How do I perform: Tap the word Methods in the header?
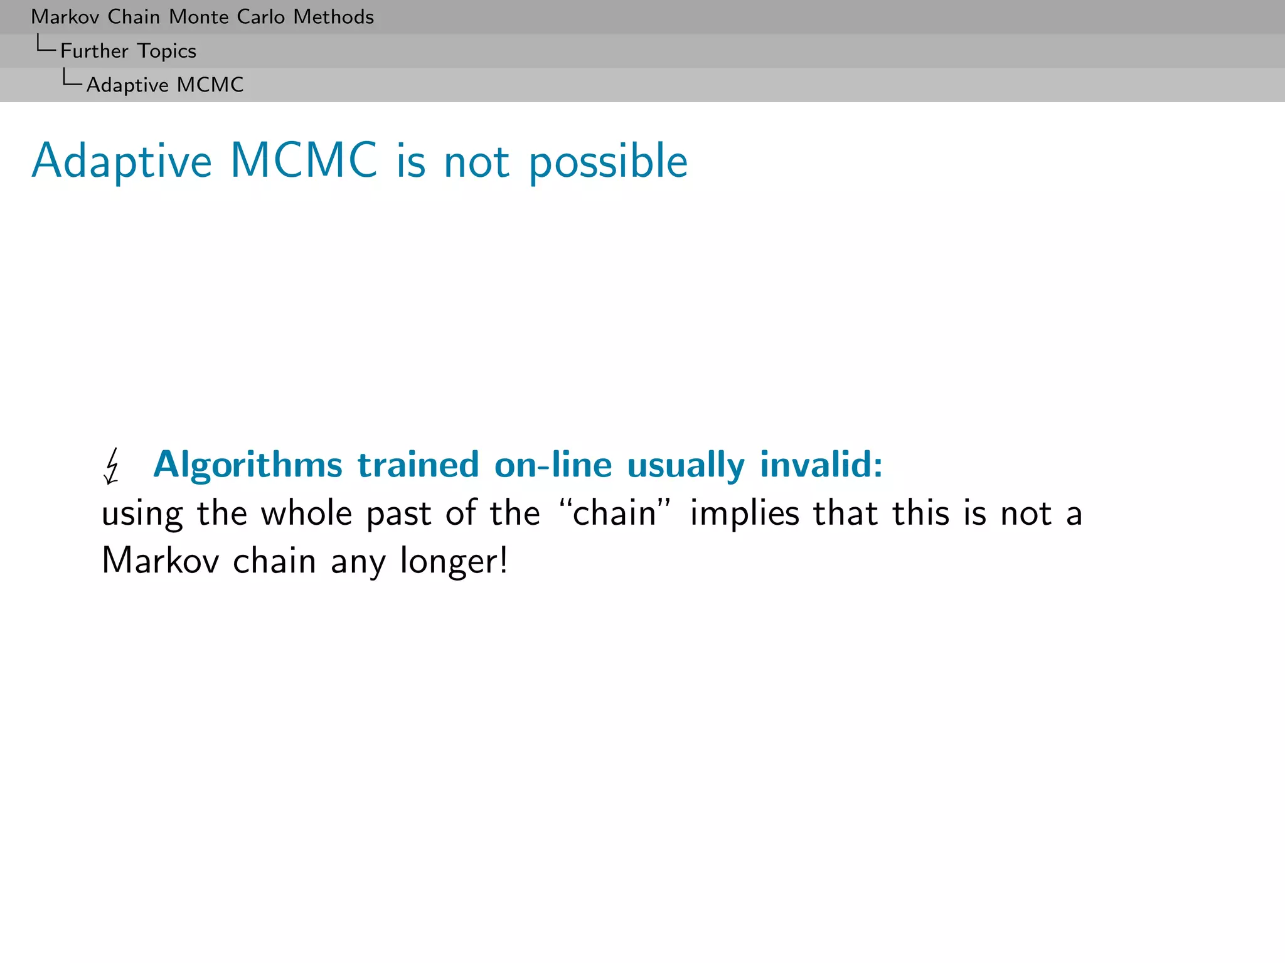coord(333,17)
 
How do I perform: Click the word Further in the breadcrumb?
coord(94,51)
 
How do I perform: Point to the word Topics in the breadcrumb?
coord(167,51)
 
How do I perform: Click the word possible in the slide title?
coord(608,162)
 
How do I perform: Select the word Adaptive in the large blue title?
coord(122,162)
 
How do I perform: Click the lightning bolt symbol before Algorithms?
coord(112,466)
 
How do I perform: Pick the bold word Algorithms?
coord(248,466)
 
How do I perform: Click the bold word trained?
coord(418,465)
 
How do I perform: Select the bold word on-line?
coord(553,465)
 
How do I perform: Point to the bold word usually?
coord(686,466)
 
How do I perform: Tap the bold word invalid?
coord(821,465)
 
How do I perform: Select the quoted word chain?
coord(615,513)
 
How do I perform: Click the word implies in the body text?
coord(745,515)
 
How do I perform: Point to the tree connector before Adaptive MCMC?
coord(72,79)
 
